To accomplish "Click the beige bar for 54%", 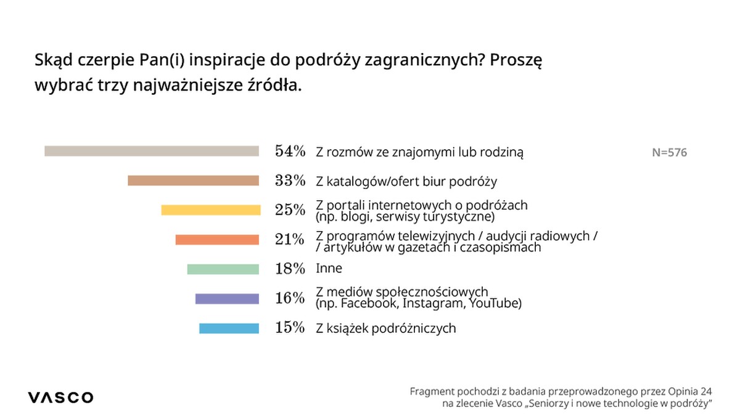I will pyautogui.click(x=151, y=151).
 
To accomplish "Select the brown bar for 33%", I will pyautogui.click(x=193, y=181).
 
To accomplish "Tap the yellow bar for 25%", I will pyautogui.click(x=210, y=210).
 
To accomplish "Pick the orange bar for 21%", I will pyautogui.click(x=217, y=240).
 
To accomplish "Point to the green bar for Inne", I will pyautogui.click(x=223, y=269).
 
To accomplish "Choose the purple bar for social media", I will pyautogui.click(x=227, y=299).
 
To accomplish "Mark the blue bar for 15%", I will pyautogui.click(x=229, y=328).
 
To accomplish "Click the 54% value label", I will pyautogui.click(x=290, y=151).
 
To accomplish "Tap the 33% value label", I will pyautogui.click(x=290, y=181).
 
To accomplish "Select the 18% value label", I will pyautogui.click(x=290, y=269).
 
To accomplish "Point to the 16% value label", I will pyautogui.click(x=290, y=298).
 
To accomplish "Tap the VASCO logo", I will pyautogui.click(x=60, y=397).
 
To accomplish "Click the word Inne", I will pyautogui.click(x=328, y=269).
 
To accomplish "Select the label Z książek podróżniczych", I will pyautogui.click(x=385, y=328).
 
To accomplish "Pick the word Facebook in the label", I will pyautogui.click(x=368, y=304).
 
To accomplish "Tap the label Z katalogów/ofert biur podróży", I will pyautogui.click(x=406, y=181).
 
